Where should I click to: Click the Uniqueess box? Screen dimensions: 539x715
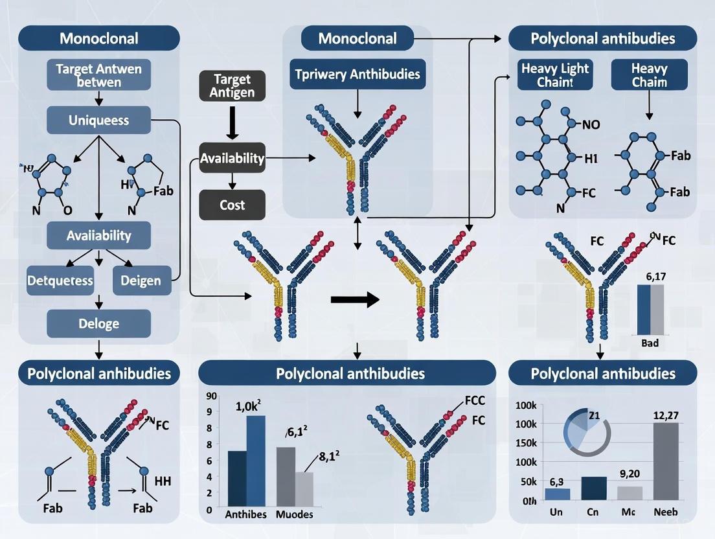[98, 120]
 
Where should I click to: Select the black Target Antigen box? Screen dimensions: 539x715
[232, 86]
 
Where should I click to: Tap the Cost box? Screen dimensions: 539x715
[232, 205]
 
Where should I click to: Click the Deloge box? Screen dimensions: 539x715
[98, 323]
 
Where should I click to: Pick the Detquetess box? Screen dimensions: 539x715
[60, 281]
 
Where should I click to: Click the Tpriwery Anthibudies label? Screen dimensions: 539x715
[357, 74]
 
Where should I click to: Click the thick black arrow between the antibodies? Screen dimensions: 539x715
[354, 300]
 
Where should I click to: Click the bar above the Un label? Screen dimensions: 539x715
[557, 494]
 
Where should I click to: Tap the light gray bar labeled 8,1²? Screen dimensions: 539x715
[304, 486]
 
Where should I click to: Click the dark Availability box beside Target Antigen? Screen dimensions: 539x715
[232, 158]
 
